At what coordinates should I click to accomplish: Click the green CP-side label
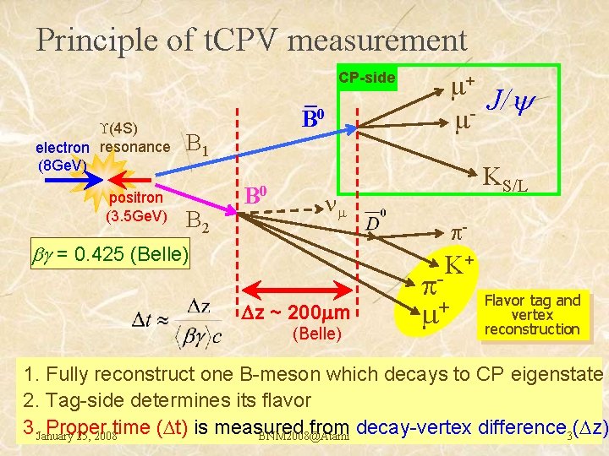click(367, 79)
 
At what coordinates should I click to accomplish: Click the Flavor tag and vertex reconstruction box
click(533, 314)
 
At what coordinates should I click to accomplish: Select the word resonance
click(134, 147)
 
